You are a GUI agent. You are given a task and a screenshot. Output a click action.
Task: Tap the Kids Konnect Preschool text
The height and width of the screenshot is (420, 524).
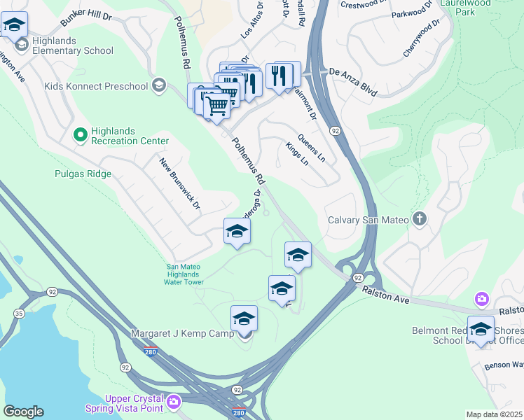coord(96,86)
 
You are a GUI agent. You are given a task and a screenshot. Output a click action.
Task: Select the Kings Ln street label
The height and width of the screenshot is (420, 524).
coord(297,155)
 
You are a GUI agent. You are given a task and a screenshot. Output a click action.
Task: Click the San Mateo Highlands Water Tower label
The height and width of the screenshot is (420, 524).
coord(185,274)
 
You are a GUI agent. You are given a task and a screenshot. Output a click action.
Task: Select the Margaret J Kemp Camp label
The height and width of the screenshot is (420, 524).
coord(182,334)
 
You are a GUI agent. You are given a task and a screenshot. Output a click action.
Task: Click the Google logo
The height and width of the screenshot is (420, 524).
coord(23,412)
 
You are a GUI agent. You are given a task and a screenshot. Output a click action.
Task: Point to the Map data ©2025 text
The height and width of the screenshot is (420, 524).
coord(494,414)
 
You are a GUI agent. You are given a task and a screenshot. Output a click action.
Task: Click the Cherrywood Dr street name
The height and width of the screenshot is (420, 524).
coord(420,38)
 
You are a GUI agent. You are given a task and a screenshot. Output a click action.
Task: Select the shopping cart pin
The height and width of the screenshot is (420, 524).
coord(217,107)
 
